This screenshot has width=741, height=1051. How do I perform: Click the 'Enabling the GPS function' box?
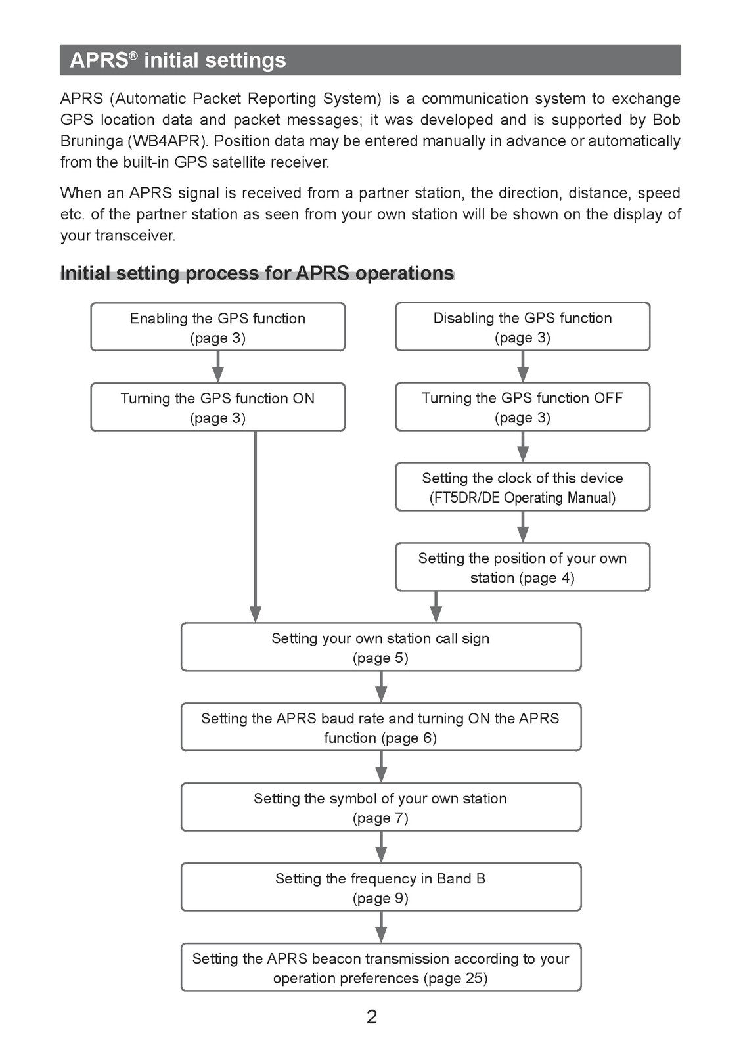pyautogui.click(x=217, y=327)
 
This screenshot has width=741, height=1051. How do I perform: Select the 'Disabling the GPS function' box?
pyautogui.click(x=522, y=326)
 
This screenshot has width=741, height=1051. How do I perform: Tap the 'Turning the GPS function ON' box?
pyautogui.click(x=217, y=407)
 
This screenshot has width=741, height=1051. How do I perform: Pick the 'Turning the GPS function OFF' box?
pyautogui.click(x=522, y=407)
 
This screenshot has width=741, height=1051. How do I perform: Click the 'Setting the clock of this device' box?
pyautogui.click(x=522, y=487)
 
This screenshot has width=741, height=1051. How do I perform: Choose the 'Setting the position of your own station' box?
pyautogui.click(x=522, y=567)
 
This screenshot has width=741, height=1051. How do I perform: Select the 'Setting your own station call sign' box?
pyautogui.click(x=381, y=647)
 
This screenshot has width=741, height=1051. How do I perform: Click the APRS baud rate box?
pyautogui.click(x=381, y=727)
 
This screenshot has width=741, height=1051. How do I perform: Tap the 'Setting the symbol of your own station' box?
pyautogui.click(x=381, y=807)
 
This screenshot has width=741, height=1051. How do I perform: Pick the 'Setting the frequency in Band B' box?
pyautogui.click(x=381, y=887)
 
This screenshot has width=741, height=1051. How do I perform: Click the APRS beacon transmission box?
pyautogui.click(x=381, y=968)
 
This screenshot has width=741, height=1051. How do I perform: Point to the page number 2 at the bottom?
pyautogui.click(x=371, y=1017)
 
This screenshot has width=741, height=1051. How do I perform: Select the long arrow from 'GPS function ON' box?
pyautogui.click(x=256, y=527)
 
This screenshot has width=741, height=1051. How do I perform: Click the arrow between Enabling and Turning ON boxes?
pyautogui.click(x=217, y=367)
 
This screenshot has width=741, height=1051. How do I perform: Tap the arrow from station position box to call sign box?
pyautogui.click(x=436, y=607)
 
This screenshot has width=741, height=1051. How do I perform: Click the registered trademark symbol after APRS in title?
pyautogui.click(x=133, y=56)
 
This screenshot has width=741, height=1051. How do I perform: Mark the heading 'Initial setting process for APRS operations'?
pyautogui.click(x=257, y=273)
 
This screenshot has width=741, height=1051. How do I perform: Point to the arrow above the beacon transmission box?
pyautogui.click(x=381, y=927)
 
